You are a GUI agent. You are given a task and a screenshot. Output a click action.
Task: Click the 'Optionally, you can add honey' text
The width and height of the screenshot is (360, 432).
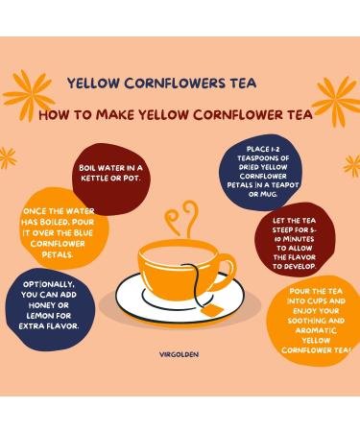(x=45, y=300)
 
